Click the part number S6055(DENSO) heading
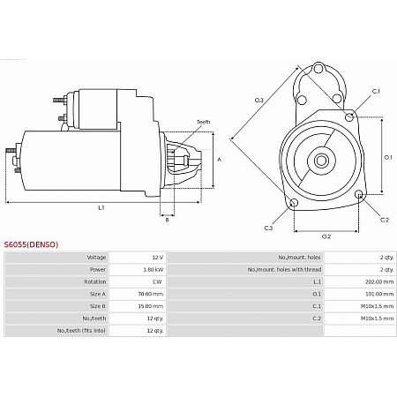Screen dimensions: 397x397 [31, 243]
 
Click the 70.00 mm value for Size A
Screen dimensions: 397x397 [150, 294]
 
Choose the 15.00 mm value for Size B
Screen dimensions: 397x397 [150, 306]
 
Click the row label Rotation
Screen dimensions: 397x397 [95, 282]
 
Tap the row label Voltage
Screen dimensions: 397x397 [96, 258]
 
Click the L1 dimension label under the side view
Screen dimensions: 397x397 [101, 208]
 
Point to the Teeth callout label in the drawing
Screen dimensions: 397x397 [203, 122]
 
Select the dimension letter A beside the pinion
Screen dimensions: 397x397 [219, 159]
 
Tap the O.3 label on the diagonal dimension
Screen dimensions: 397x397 [258, 100]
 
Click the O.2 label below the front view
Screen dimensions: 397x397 [326, 236]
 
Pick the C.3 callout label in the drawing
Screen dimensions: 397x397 [268, 228]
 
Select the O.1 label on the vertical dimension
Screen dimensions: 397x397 [389, 157]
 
